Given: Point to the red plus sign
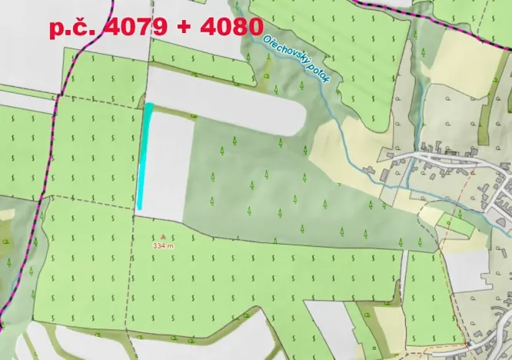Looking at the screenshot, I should (x=178, y=28).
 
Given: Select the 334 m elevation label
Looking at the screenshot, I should (x=163, y=246).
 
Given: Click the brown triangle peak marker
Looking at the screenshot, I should (x=163, y=237).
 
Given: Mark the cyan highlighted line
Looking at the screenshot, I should (x=145, y=158).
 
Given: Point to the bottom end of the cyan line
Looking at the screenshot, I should (x=140, y=207).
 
